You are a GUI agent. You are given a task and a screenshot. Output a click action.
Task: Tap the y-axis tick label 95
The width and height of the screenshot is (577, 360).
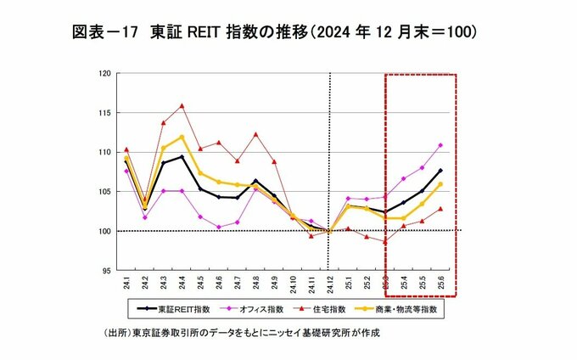[106, 270]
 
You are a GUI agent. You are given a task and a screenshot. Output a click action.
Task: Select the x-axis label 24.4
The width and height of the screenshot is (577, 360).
[182, 284]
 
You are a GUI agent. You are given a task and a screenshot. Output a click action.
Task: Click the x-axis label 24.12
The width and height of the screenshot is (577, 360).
[329, 285]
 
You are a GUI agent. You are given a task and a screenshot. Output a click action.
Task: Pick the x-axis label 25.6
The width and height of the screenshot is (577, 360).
[440, 284]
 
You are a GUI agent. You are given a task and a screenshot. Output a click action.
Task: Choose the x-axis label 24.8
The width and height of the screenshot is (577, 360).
[255, 284]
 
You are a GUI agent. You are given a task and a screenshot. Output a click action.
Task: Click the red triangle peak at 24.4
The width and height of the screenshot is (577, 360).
[182, 106]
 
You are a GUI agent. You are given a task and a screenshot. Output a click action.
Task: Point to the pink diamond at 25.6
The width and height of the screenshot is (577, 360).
[440, 145]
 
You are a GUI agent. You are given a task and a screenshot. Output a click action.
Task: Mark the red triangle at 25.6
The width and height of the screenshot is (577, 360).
[440, 209]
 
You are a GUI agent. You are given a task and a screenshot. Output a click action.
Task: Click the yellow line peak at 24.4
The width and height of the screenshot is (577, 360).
[182, 137]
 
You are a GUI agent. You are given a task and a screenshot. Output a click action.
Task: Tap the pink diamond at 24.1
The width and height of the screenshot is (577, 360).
[126, 171]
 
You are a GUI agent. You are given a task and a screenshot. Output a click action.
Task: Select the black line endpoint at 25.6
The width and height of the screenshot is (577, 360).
[440, 171]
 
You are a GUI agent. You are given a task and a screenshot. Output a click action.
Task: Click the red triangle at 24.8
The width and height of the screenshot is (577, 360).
[255, 134]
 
